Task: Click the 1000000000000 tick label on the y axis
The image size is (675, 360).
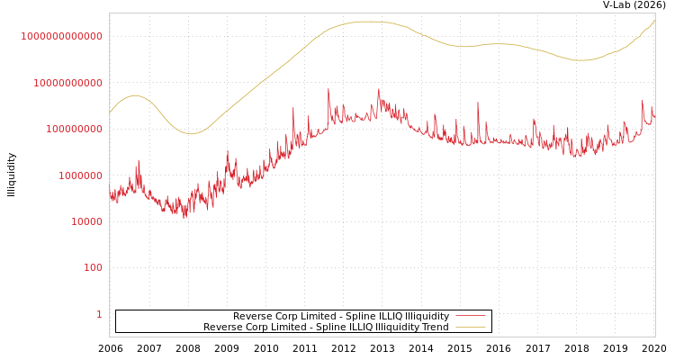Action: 61,36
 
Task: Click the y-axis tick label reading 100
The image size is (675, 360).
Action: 94,267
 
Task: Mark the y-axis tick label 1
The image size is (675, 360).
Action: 99,314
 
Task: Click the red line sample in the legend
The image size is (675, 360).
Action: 470,316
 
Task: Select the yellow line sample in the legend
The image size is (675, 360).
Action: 470,327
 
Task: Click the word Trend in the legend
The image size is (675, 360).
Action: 435,327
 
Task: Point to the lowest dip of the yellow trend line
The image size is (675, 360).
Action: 190,134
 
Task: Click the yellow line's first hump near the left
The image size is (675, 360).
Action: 135,94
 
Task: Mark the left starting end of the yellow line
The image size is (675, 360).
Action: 110,113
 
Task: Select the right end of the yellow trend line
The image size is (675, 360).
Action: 654,21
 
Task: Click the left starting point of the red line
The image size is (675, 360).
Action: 110,189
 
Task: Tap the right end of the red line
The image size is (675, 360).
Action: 654,116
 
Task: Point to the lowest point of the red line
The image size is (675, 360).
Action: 184,218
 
